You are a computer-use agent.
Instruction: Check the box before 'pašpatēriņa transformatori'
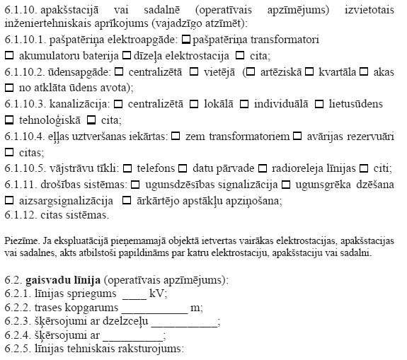pos(186,38)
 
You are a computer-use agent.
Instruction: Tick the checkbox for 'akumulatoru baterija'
pos(9,54)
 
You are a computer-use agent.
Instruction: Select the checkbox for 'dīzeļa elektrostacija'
pos(127,54)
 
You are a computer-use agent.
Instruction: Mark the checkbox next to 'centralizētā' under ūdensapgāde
pos(119,71)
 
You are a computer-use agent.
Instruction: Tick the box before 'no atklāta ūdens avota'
pos(9,88)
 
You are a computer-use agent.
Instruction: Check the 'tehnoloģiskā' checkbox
pos(9,120)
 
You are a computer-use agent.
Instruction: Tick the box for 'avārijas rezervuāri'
pos(298,136)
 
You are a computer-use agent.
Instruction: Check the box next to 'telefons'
pos(127,168)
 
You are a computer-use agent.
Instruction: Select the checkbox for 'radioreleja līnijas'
pos(263,168)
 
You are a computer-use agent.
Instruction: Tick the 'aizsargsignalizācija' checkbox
pos(9,201)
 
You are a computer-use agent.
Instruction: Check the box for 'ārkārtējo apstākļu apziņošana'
pos(127,201)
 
